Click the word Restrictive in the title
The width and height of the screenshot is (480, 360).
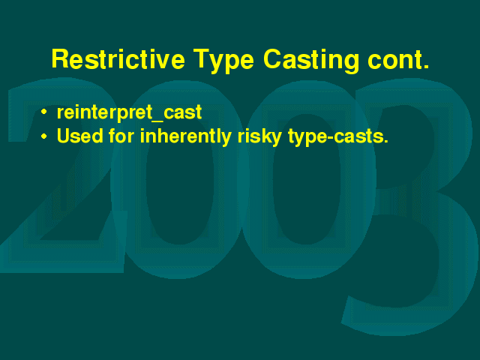[118, 58]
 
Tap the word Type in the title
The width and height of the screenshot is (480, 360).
[223, 61]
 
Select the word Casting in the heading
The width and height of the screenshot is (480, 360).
[311, 61]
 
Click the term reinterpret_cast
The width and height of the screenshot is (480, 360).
[129, 112]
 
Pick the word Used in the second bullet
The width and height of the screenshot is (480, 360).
[80, 135]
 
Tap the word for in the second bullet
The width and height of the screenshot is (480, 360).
[121, 135]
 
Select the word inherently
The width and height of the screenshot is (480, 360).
[186, 136]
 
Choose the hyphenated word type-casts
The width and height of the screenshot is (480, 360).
[338, 137]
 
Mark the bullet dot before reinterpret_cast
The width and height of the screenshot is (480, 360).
[44, 112]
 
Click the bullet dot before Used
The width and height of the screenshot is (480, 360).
[44, 136]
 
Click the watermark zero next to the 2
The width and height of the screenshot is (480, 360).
[128, 184]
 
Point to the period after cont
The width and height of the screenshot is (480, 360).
[426, 67]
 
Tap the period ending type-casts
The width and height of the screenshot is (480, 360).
[385, 141]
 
